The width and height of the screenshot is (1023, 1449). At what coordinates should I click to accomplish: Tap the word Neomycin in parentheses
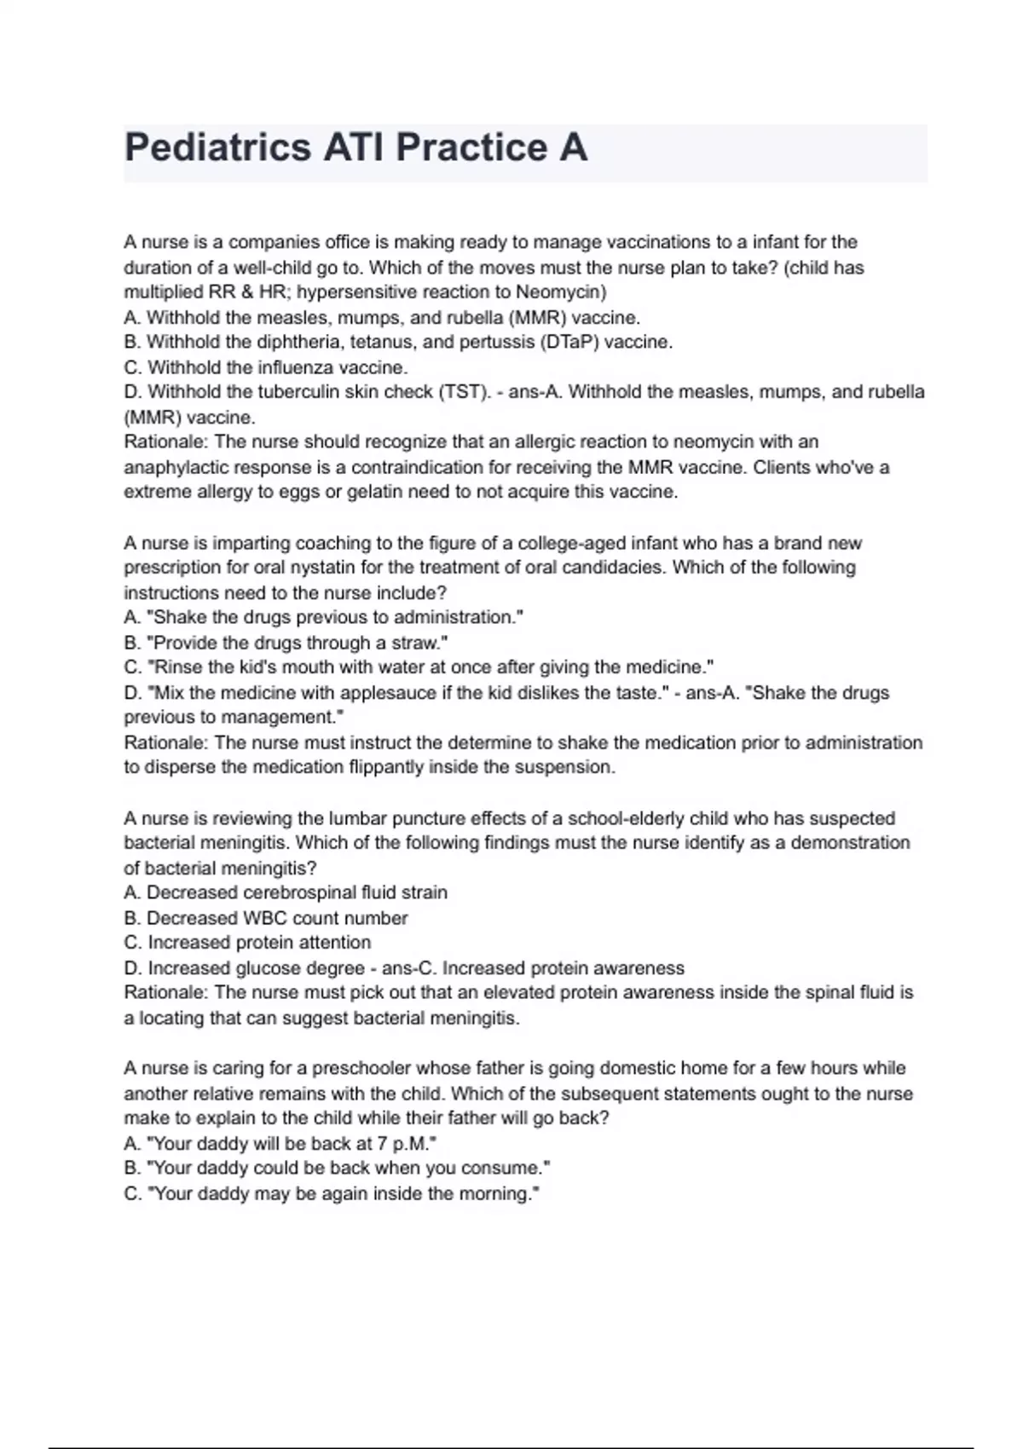[558, 292]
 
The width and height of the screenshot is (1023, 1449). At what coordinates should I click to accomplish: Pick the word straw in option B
[415, 643]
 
